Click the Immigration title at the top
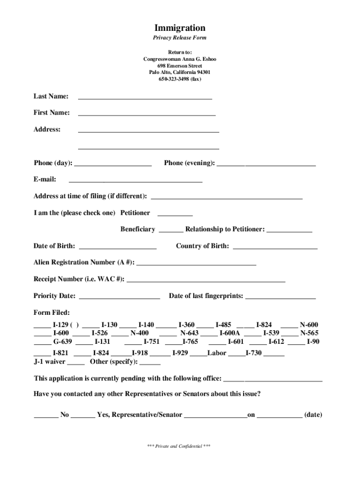180,28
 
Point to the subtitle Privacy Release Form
180,38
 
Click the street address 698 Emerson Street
180,66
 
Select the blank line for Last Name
145,98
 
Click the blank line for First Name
146,114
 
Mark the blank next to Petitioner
175,215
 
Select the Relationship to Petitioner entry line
289,231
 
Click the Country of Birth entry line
275,247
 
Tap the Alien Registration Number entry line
196,264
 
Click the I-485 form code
223,325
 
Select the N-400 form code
139,333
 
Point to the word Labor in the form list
217,353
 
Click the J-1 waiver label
49,362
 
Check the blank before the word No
45,416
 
